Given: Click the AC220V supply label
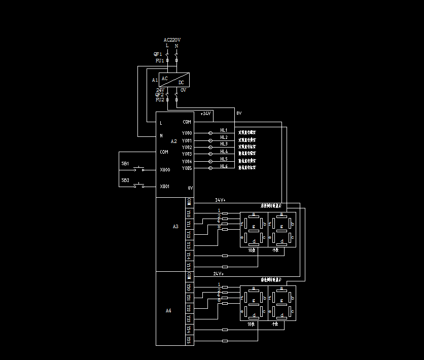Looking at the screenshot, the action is pyautogui.click(x=172, y=40).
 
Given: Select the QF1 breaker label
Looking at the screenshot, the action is pyautogui.click(x=158, y=54).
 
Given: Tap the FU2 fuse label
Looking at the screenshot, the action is pyautogui.click(x=159, y=100).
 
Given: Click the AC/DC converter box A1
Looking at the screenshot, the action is pyautogui.click(x=173, y=80).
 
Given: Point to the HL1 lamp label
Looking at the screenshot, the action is pyautogui.click(x=224, y=130).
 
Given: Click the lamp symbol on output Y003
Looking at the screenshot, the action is pyautogui.click(x=210, y=154).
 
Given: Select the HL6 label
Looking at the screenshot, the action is pyautogui.click(x=224, y=166).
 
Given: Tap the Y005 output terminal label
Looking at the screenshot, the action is pyautogui.click(x=187, y=168).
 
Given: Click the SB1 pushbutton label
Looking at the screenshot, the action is pyautogui.click(x=125, y=163).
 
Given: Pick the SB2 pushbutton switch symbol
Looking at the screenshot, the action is pyautogui.click(x=138, y=186).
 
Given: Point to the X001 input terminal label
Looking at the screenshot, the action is pyautogui.click(x=165, y=187).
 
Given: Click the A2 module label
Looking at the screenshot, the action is pyautogui.click(x=173, y=141).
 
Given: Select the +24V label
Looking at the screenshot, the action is pyautogui.click(x=205, y=114).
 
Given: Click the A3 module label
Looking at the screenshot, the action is pyautogui.click(x=175, y=226).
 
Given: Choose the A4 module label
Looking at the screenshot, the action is pyautogui.click(x=168, y=310).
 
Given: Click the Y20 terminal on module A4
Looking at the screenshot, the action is pyautogui.click(x=189, y=287).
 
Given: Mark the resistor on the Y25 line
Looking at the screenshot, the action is pyautogui.click(x=225, y=341).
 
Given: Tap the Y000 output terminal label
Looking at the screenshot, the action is pyautogui.click(x=187, y=133).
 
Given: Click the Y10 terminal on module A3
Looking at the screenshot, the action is pyautogui.click(x=189, y=213).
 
